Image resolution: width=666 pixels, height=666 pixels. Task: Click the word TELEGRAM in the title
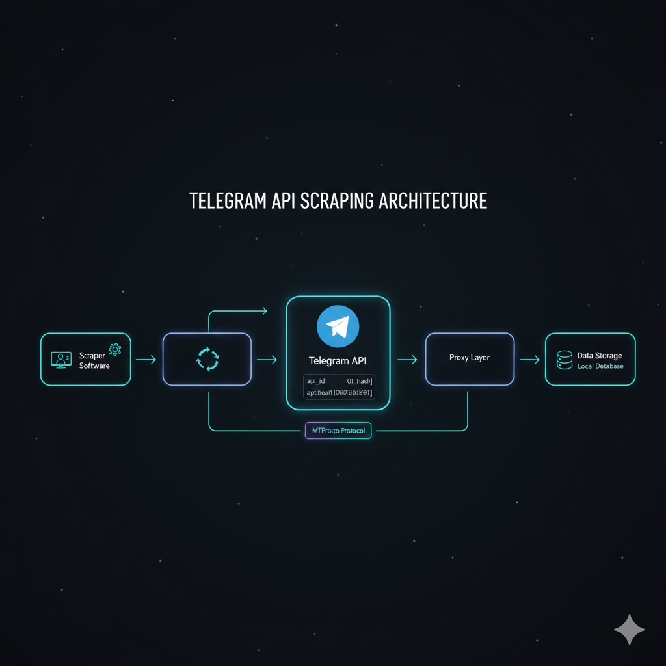point(226,201)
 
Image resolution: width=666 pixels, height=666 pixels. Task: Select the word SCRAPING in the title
point(336,201)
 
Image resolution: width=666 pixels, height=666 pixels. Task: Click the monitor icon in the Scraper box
point(61,359)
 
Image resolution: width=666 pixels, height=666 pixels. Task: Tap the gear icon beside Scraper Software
point(115,350)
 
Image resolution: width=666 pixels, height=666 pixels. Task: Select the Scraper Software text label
point(94,361)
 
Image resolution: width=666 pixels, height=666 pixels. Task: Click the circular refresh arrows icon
point(207,359)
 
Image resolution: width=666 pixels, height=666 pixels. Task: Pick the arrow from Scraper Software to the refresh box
point(146,359)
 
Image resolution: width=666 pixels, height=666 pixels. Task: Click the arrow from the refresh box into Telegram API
point(267,359)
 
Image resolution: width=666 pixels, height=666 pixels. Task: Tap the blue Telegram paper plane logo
point(338,326)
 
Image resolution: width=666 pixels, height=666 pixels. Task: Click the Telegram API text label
point(338,360)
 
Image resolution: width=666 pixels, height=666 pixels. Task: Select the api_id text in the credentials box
point(316,381)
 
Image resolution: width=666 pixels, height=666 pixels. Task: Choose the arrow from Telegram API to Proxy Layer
point(407,359)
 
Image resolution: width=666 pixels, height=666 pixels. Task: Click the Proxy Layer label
point(470,358)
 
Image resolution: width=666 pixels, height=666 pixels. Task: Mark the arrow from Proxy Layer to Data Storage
point(529,359)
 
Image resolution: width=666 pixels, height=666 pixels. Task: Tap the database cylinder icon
point(565,360)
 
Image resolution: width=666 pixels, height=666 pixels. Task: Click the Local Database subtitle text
point(600,366)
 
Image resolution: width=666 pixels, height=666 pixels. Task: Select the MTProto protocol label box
point(338,431)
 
